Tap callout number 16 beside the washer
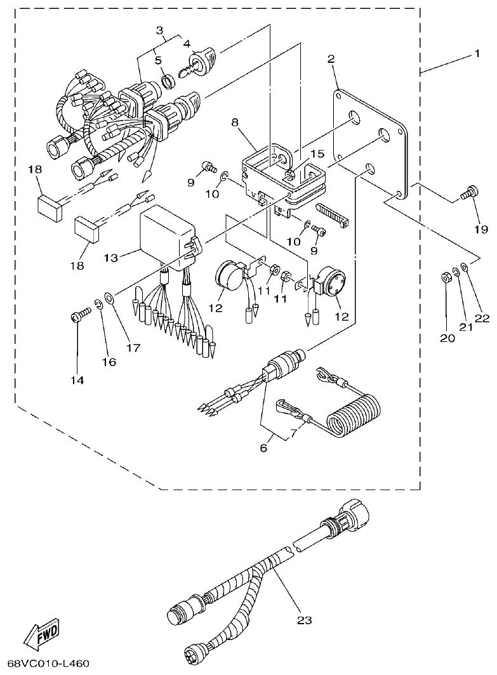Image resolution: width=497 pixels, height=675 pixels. click(x=109, y=362)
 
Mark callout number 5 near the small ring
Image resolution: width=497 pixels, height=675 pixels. click(x=159, y=61)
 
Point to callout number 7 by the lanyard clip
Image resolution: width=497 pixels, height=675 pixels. click(x=293, y=433)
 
